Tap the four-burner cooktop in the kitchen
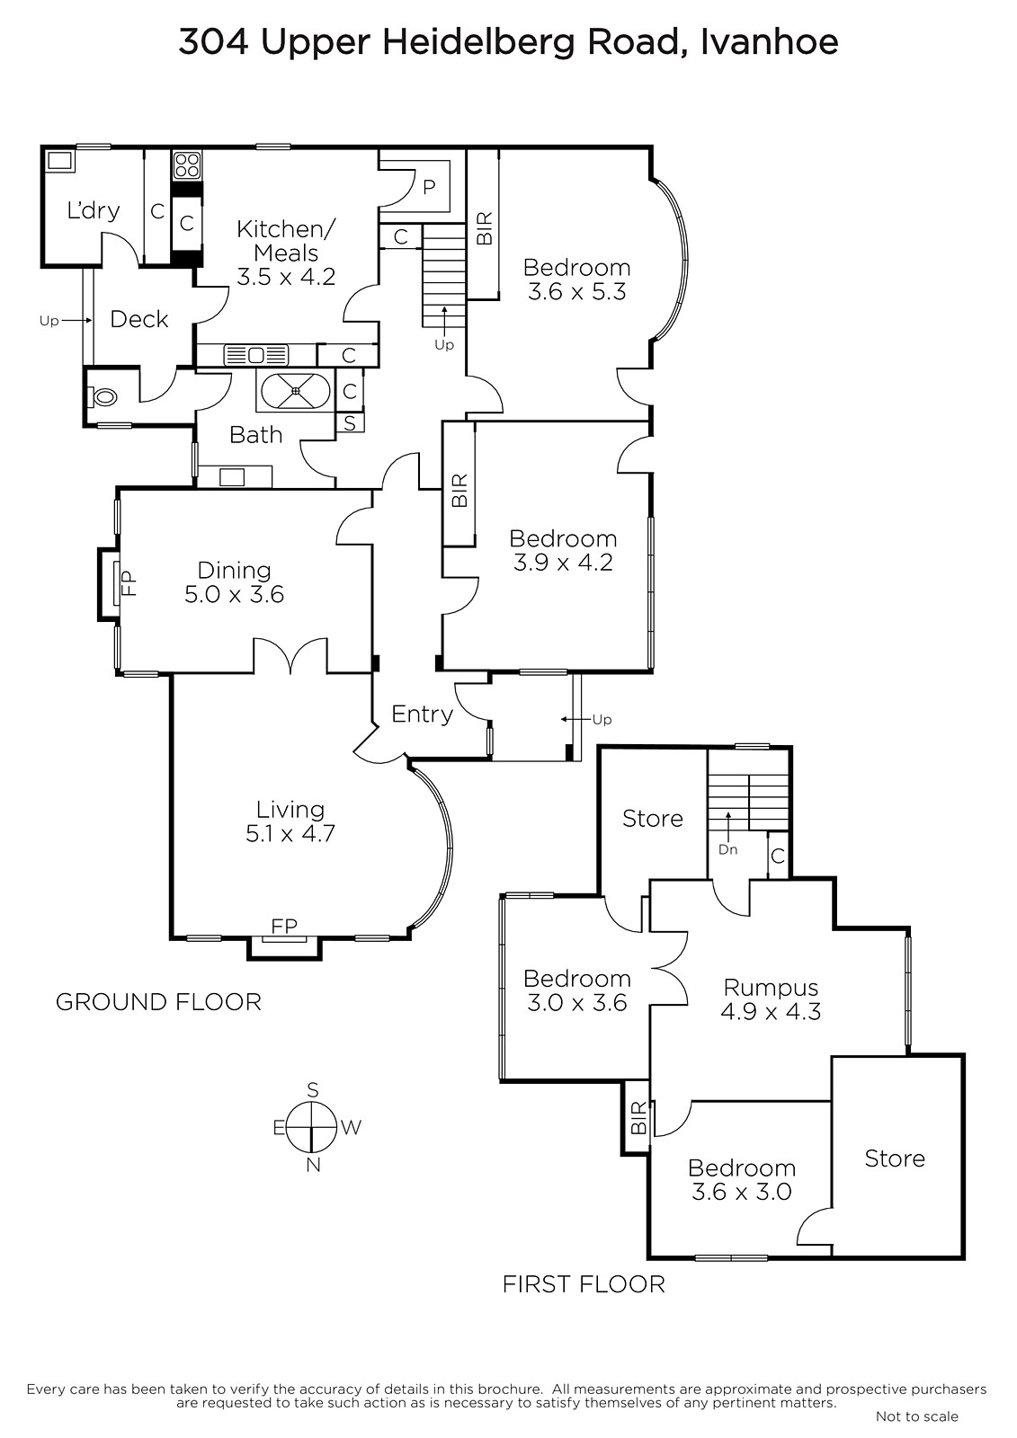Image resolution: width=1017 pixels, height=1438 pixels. [x=187, y=164]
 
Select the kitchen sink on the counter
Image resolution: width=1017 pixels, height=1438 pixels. [x=255, y=355]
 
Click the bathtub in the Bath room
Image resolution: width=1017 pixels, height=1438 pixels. [x=295, y=390]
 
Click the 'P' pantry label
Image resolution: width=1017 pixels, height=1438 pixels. [x=429, y=187]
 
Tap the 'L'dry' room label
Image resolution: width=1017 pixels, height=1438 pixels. [x=94, y=210]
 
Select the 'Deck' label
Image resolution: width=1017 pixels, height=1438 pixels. [x=138, y=319]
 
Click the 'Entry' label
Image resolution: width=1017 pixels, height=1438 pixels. [x=422, y=714]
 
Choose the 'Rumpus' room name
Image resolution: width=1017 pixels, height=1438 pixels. [x=771, y=988]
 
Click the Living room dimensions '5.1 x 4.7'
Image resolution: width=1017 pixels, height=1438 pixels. [x=290, y=833]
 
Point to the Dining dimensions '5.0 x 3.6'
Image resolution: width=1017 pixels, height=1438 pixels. [x=235, y=594]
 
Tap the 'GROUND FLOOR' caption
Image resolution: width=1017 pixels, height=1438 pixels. [x=158, y=1002]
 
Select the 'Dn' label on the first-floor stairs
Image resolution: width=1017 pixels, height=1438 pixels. [x=727, y=849]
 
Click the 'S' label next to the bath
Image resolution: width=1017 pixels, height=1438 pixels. [x=350, y=422]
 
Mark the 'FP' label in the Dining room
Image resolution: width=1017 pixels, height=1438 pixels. [x=129, y=584]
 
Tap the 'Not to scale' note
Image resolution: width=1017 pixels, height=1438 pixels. [x=917, y=1416]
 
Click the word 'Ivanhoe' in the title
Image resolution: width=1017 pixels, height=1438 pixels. [x=769, y=42]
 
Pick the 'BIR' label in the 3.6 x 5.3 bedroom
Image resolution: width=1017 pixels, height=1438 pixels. [x=484, y=228]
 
